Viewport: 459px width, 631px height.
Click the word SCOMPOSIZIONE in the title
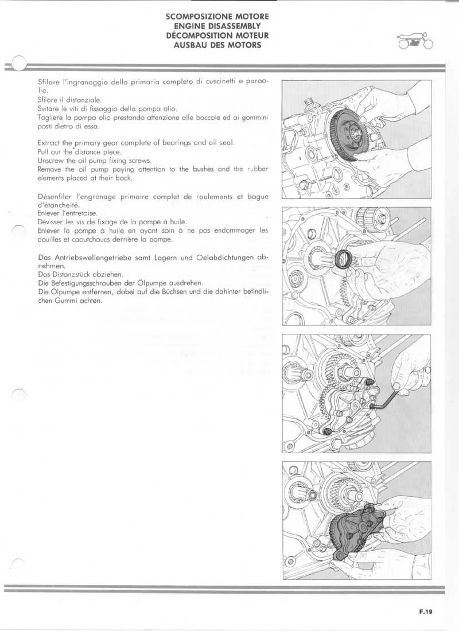[x=195, y=17]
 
